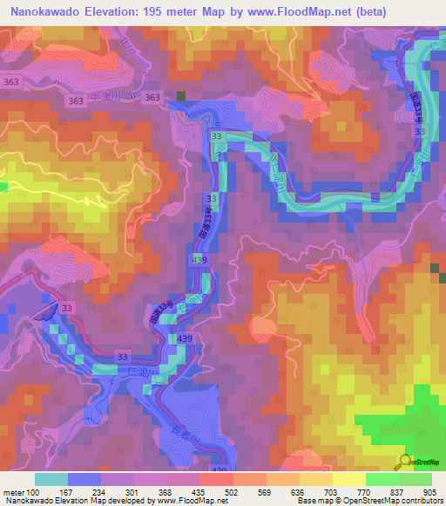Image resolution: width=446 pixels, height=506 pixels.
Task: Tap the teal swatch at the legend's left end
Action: click(x=51, y=479)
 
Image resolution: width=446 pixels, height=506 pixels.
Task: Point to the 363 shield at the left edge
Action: click(x=11, y=82)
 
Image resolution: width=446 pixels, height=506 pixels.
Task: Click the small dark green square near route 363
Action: click(x=181, y=97)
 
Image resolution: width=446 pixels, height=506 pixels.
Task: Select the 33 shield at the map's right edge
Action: click(x=422, y=130)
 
